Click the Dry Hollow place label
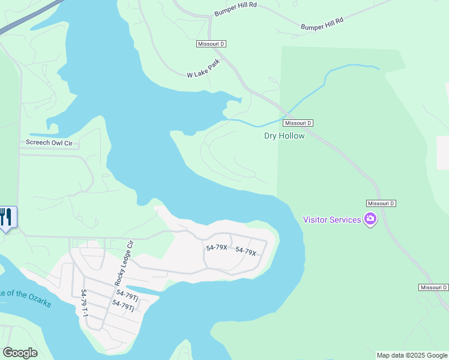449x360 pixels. pyautogui.click(x=284, y=136)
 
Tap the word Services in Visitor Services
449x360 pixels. pyautogui.click(x=345, y=220)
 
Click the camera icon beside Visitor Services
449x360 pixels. pyautogui.click(x=370, y=220)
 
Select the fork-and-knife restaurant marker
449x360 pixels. pyautogui.click(x=7, y=217)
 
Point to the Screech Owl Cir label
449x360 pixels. pyautogui.click(x=49, y=143)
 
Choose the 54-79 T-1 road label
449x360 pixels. pyautogui.click(x=83, y=303)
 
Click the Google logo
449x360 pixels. pyautogui.click(x=20, y=353)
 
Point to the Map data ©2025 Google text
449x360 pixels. pyautogui.click(x=412, y=355)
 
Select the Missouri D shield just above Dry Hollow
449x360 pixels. pyautogui.click(x=299, y=123)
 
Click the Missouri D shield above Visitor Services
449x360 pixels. pyautogui.click(x=381, y=203)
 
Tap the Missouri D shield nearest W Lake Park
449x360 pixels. pyautogui.click(x=211, y=44)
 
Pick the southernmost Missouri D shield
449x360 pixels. pyautogui.click(x=433, y=288)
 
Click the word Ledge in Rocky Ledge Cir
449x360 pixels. pyautogui.click(x=125, y=262)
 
